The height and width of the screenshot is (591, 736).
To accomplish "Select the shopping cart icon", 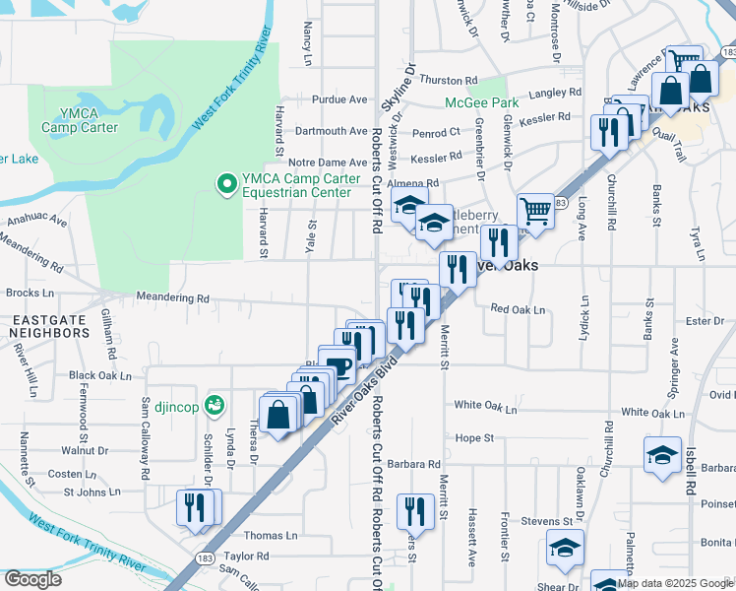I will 534,210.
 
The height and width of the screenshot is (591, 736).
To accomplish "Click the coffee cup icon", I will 338,366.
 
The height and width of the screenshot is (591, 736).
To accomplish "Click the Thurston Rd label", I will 448,81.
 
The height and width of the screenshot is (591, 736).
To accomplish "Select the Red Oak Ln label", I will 518,309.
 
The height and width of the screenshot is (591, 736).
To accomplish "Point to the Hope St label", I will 473,436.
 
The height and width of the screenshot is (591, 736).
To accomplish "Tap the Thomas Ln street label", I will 270,536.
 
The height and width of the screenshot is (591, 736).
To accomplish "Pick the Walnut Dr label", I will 84,450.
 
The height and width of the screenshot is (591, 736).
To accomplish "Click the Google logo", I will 32,579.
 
